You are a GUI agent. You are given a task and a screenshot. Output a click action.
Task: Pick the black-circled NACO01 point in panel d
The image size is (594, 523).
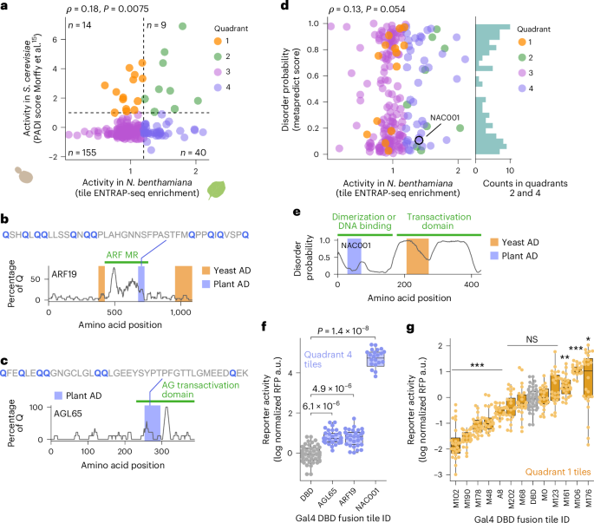[419, 139]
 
